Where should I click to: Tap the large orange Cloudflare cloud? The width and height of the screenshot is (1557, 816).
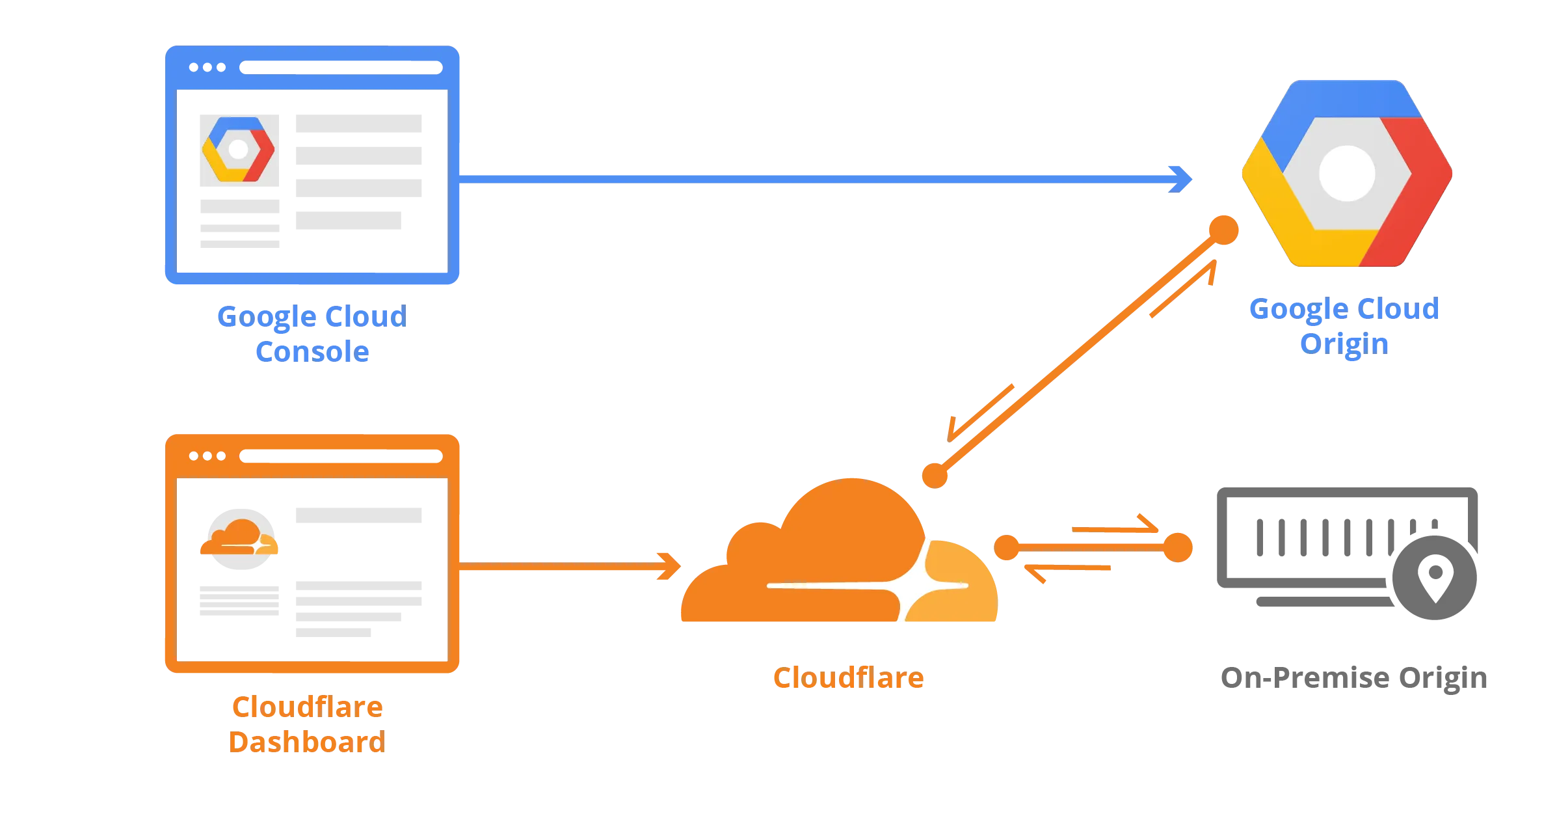[839, 560]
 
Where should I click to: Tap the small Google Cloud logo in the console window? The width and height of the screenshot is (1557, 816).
[239, 150]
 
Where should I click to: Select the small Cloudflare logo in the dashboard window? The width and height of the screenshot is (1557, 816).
[239, 538]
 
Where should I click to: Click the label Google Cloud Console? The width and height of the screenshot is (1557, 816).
[311, 333]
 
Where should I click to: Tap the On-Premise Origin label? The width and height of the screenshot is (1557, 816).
[1352, 681]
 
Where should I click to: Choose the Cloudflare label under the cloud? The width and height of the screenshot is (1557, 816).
[847, 679]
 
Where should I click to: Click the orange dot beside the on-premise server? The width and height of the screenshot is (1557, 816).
[1179, 547]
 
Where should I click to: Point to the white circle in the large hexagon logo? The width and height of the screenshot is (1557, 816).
[1346, 174]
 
